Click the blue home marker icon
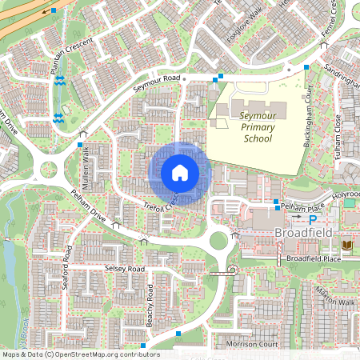(180, 173)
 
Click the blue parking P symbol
(313, 218)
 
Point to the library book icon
(346, 244)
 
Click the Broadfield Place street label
(314, 259)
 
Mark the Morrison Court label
(251, 344)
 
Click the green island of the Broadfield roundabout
(218, 240)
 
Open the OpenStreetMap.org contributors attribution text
(103, 354)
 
